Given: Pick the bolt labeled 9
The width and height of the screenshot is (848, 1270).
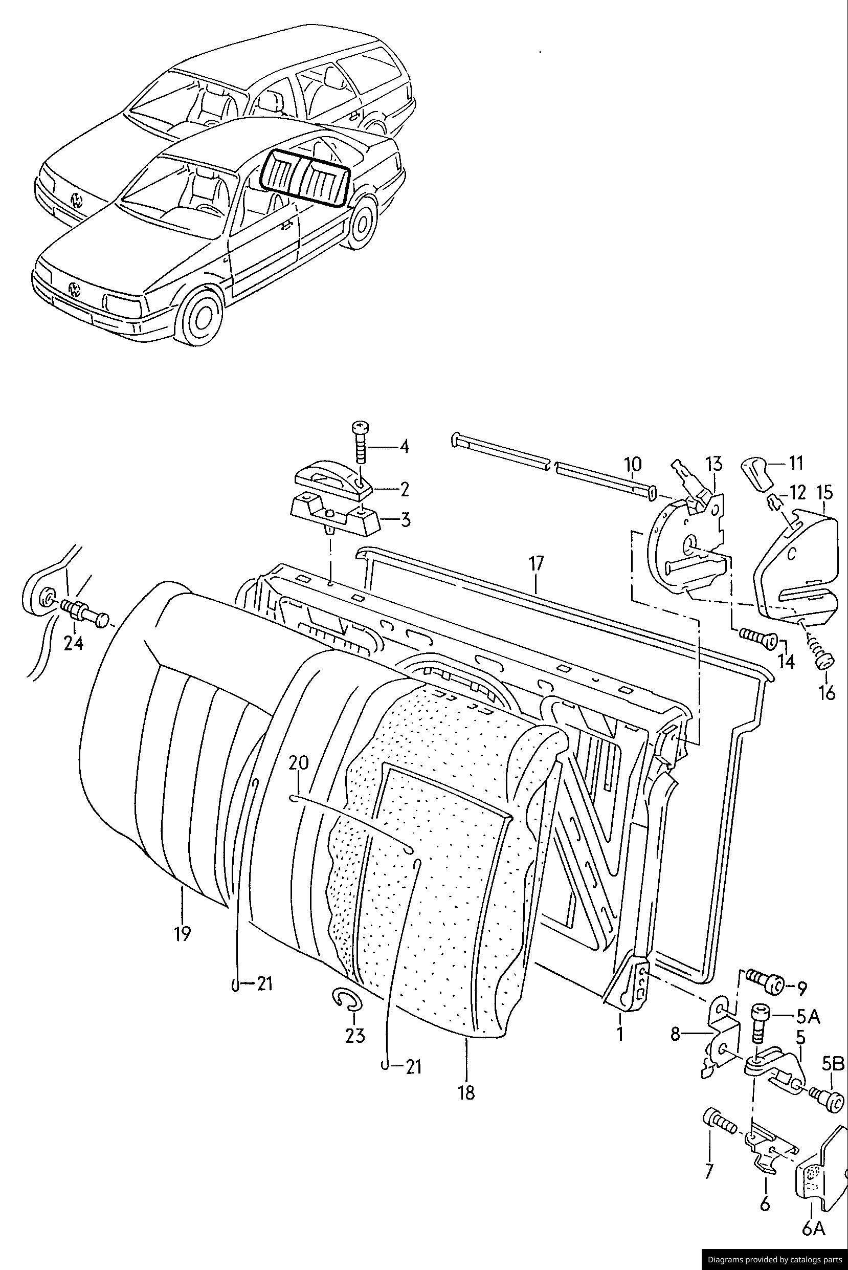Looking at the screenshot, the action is point(763,984).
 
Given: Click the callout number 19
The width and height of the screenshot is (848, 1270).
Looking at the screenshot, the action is point(183,934).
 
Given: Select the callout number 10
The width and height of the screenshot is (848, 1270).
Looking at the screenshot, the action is point(633,464).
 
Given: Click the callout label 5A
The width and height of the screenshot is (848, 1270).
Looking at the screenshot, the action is point(808,1017).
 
